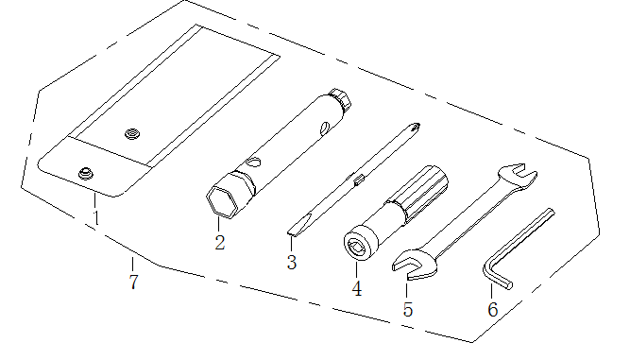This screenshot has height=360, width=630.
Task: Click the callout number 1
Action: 95,217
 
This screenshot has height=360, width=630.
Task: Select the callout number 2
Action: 220,242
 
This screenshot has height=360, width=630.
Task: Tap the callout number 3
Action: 292,262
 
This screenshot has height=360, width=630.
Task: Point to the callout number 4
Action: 357,288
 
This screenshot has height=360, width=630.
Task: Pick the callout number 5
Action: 408,309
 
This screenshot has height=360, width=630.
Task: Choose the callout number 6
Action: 493,309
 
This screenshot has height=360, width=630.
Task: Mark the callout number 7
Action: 134,282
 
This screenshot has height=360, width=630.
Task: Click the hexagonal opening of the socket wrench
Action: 221,201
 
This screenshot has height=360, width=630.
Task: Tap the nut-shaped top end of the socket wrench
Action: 340,99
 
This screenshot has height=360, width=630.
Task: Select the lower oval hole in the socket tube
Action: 253,163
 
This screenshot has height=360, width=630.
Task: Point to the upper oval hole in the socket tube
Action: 325,129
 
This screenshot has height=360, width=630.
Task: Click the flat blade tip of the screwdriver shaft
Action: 298,226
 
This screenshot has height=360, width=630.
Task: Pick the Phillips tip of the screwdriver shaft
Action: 414,129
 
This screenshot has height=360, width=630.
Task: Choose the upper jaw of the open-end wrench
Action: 518,175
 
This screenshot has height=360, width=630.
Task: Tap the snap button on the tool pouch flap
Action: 86,174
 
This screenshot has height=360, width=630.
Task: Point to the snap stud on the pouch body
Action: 132,133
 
